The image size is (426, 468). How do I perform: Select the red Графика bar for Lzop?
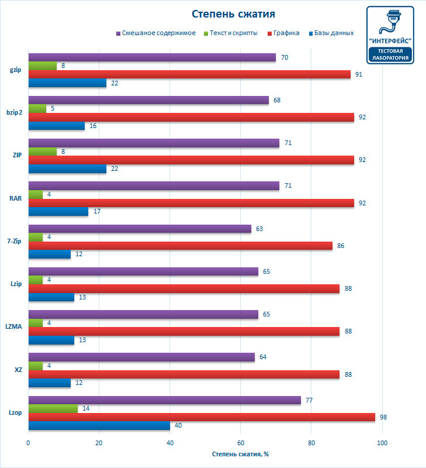[202, 417]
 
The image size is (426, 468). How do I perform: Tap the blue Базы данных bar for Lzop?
[99, 426]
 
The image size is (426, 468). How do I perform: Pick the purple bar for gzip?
[152, 57]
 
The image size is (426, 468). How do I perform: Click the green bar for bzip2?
[37, 109]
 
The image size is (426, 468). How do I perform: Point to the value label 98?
[383, 417]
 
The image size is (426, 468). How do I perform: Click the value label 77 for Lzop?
[309, 400]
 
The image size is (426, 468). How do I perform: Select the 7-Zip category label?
[15, 242]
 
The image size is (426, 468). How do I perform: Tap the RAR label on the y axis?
[16, 198]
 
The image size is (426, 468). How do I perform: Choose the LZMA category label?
[13, 326]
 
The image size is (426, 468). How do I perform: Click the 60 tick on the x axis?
[241, 442]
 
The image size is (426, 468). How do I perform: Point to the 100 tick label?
[382, 442]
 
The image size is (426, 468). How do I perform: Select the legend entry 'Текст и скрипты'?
[234, 33]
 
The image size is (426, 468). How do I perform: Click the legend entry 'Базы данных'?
[334, 33]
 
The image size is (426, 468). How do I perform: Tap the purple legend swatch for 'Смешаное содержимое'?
[118, 33]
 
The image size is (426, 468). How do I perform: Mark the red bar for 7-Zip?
[180, 246]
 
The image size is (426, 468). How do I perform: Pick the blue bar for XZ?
[49, 383]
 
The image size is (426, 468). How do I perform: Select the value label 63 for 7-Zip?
[259, 229]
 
